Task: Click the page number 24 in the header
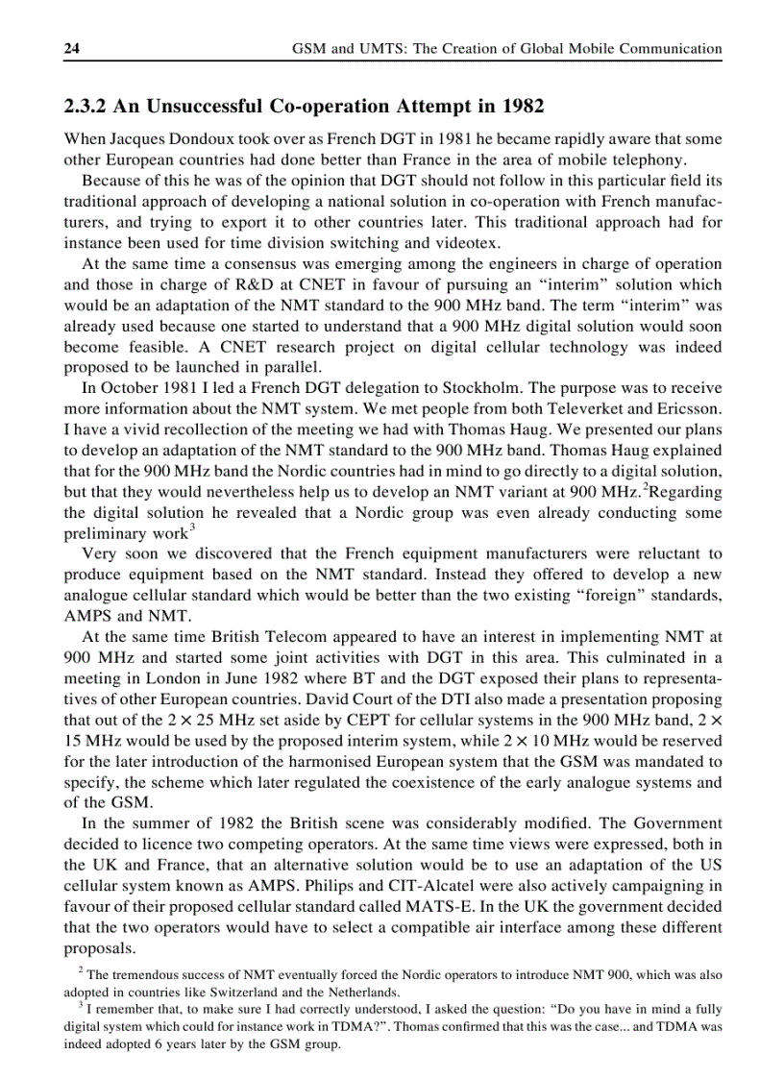[x=72, y=48]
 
